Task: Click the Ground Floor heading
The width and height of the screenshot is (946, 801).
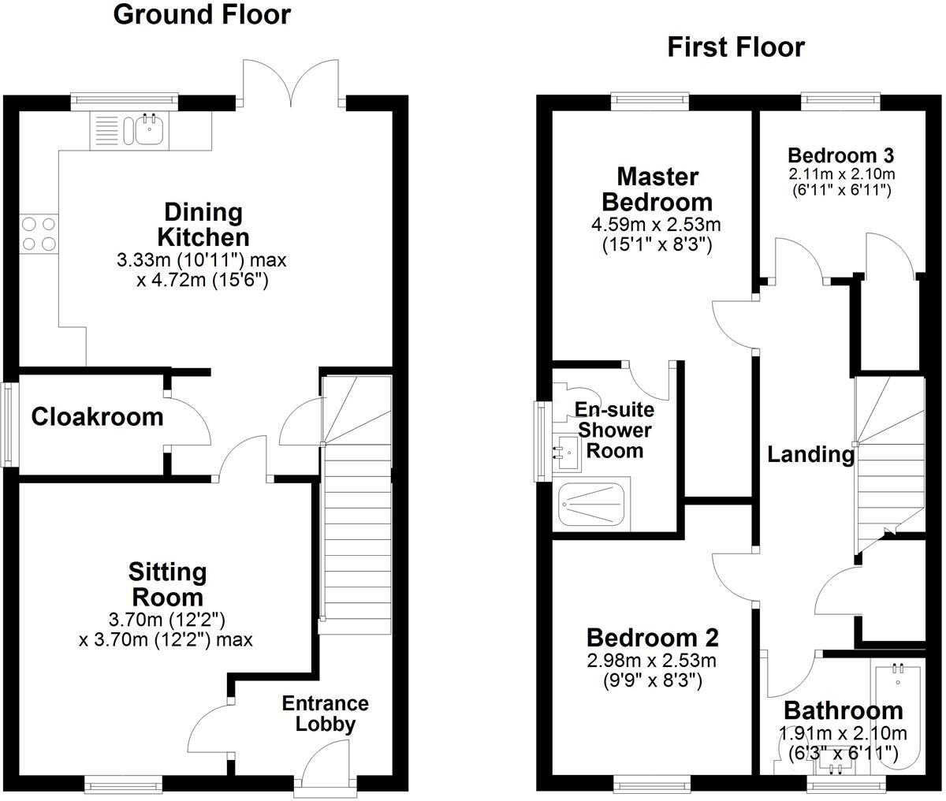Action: coord(202,15)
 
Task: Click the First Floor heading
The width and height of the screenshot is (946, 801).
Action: coord(736,47)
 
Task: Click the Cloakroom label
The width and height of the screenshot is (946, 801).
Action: coord(97,416)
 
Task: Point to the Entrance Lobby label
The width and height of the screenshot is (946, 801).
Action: coord(326,713)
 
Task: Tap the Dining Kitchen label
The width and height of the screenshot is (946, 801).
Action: coord(203,225)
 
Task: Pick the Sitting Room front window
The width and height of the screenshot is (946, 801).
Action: coord(123,784)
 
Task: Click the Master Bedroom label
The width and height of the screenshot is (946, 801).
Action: coord(657,188)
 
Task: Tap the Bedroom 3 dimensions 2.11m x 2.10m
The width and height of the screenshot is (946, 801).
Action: coord(841,174)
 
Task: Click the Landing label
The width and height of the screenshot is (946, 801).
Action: coord(811,454)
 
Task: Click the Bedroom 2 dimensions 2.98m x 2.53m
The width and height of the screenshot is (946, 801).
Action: coord(652,661)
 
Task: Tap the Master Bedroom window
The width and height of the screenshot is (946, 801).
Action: coord(651,101)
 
